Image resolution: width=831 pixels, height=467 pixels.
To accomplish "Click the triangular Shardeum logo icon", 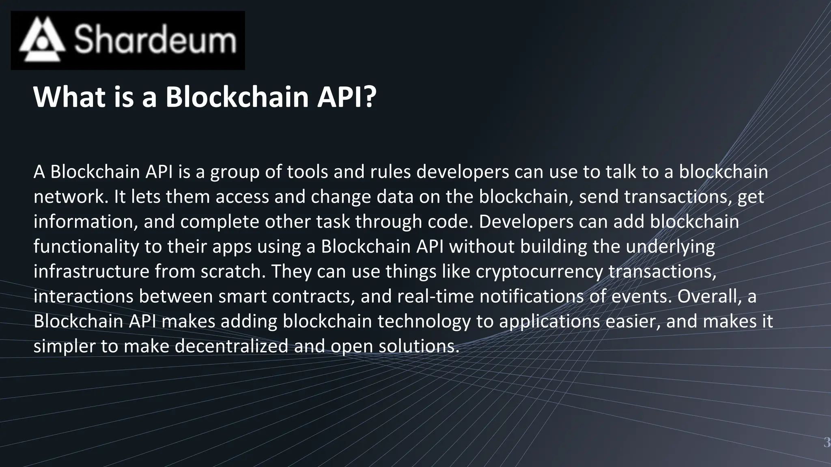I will (x=42, y=40).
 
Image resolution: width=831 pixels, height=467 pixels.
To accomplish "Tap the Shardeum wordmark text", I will (x=155, y=40).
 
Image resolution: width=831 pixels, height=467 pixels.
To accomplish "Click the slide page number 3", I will (x=827, y=442).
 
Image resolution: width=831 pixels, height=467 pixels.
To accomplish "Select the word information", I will (x=86, y=222).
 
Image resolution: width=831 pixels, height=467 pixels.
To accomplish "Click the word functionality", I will (x=86, y=247).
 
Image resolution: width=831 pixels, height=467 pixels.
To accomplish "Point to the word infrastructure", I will (x=91, y=272).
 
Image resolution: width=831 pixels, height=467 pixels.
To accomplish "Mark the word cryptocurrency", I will (x=539, y=272).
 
